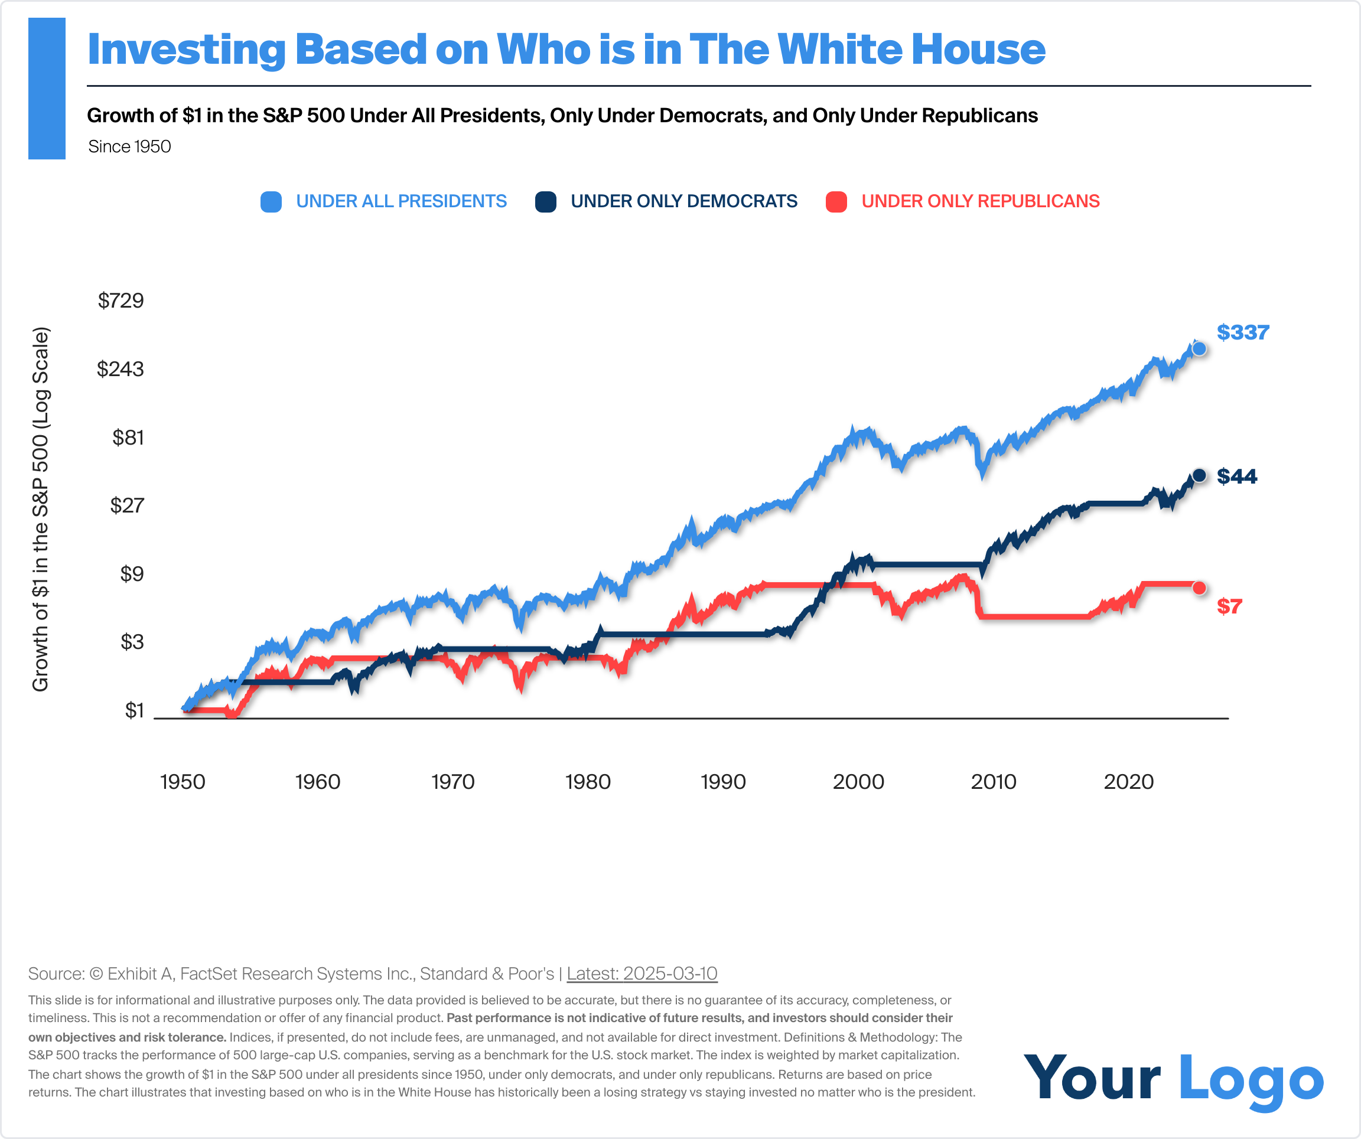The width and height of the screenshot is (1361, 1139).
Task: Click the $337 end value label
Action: (1242, 332)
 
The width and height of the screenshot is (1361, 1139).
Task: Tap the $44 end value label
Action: (1236, 476)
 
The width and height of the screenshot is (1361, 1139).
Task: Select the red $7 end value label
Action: (1229, 606)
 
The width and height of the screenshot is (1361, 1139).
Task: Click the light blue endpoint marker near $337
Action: (1199, 349)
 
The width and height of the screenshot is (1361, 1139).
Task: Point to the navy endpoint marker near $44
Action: (1199, 475)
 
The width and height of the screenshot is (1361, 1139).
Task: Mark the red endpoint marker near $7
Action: (1199, 588)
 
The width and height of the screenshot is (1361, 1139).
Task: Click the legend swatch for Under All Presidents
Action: (271, 201)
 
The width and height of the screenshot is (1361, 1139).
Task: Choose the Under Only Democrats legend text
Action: (683, 201)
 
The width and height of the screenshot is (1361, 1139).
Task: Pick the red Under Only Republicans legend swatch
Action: (836, 201)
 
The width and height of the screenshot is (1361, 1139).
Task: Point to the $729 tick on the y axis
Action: (121, 301)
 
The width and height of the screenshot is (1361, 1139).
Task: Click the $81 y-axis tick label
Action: (128, 438)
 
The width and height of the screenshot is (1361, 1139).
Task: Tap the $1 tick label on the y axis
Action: (134, 711)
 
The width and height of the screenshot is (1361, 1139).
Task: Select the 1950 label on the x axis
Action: (183, 782)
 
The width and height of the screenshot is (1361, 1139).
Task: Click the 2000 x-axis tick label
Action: (858, 782)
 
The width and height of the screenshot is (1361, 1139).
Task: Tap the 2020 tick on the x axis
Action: (1128, 782)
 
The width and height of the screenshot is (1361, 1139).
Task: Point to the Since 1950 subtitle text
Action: (129, 146)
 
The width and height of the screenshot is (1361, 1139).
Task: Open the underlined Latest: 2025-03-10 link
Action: (642, 974)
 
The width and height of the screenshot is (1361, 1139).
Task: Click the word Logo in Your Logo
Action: (1251, 1079)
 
